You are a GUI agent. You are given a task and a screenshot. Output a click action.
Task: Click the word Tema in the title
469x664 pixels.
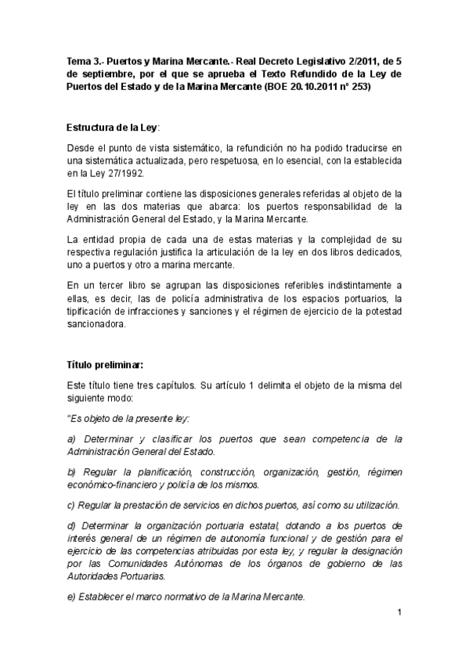pyautogui.click(x=80, y=60)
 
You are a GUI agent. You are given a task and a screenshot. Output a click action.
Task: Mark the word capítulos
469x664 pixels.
pyautogui.click(x=174, y=385)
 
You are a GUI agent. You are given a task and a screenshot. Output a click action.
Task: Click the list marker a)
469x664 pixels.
pyautogui.click(x=72, y=438)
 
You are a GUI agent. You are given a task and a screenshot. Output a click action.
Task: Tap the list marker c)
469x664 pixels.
pyautogui.click(x=71, y=504)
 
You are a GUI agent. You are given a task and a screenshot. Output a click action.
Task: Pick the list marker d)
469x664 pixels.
pyautogui.click(x=72, y=525)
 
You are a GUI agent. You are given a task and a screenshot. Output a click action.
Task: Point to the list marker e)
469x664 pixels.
pyautogui.click(x=72, y=597)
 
